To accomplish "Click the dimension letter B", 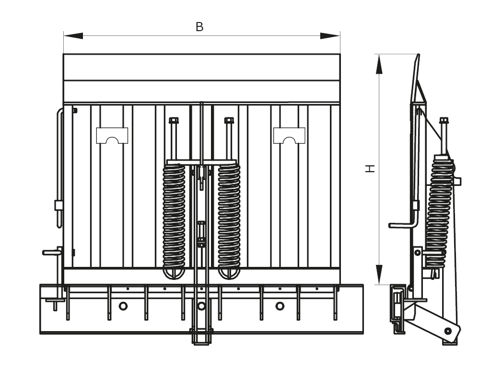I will coord(199,27).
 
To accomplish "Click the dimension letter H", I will coord(370,168).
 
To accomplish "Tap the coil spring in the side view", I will coord(440,211).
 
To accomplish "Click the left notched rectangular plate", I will coord(112,135).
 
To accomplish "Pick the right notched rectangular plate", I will coord(289,135).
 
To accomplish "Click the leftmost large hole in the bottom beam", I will coord(123,306).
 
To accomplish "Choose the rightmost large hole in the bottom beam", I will coord(280,306).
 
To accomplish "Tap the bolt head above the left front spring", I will coord(174,120).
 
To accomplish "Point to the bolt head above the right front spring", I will coord(229,120).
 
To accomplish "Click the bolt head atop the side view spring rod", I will coord(444,120).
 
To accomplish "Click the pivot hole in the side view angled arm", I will coord(447,331).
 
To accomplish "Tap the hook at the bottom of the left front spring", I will coord(174,273).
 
